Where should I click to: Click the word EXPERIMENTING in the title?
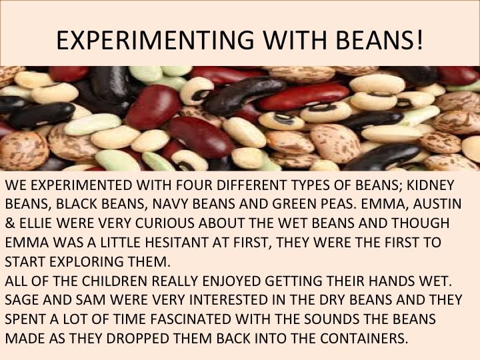pos(155,40)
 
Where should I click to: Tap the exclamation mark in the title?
pos(420,39)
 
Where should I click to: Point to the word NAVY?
pos(170,204)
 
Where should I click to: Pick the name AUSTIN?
pos(437,204)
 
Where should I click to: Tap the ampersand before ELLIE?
pos(10,223)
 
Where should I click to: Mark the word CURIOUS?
pos(165,223)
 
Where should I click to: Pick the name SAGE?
pos(21,300)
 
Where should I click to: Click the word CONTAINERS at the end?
pos(365,338)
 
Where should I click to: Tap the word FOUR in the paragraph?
pos(193,185)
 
